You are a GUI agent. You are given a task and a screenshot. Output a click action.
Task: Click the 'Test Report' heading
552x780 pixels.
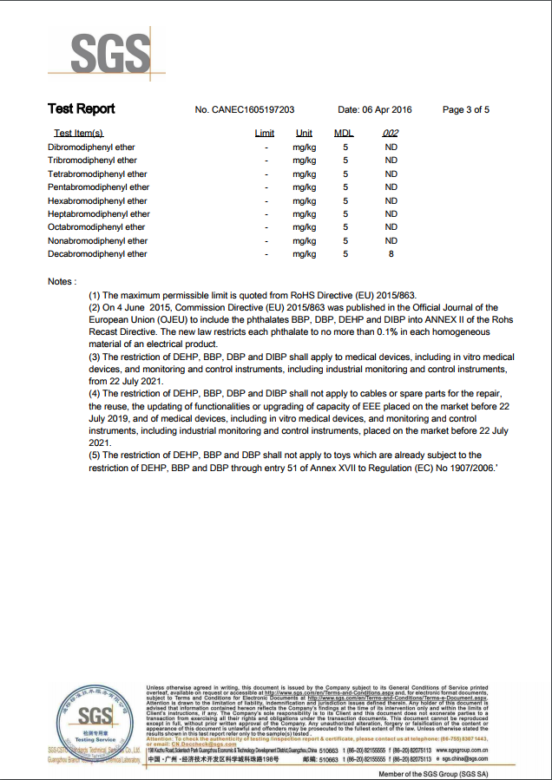coord(81,109)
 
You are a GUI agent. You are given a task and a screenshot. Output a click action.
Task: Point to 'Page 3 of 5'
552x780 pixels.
coord(466,110)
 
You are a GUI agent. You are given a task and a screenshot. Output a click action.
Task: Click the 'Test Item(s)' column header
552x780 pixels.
coord(78,133)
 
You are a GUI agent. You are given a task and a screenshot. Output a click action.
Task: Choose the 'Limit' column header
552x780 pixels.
coord(265,133)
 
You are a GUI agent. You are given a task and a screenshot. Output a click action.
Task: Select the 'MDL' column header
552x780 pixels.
coord(344,133)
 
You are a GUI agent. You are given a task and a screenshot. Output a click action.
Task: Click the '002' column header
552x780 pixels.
coord(391,133)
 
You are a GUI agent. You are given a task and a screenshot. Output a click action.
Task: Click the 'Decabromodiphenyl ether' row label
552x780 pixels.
coord(97,254)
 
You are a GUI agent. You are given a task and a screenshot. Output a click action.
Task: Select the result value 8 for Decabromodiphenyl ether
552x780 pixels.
coord(391,254)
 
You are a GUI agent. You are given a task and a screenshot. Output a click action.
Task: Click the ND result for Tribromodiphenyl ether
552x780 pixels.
coord(391,161)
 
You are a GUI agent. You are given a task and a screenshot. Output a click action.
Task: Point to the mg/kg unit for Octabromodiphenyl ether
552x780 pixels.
coord(304,227)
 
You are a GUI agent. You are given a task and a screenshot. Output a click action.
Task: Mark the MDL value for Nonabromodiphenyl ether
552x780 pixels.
coord(345,241)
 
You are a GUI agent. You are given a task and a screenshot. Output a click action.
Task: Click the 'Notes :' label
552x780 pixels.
coord(62,281)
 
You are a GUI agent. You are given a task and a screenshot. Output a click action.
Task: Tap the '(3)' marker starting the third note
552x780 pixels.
coord(95,357)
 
